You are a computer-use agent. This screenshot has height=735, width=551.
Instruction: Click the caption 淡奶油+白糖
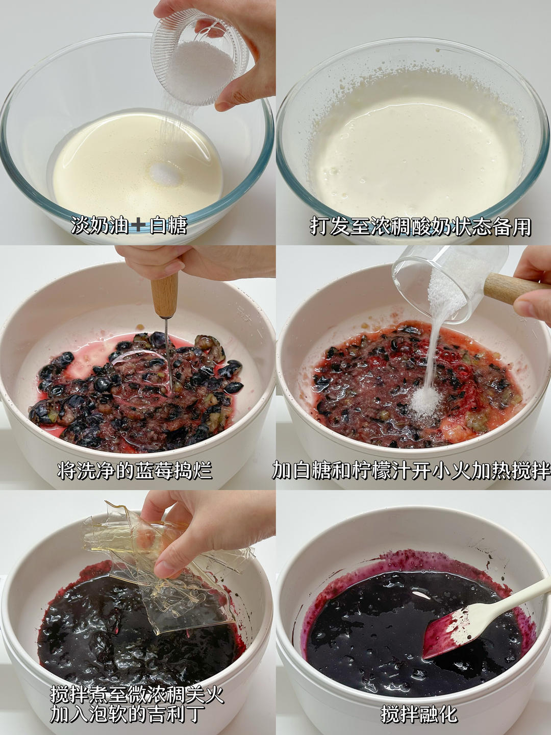point(129,226)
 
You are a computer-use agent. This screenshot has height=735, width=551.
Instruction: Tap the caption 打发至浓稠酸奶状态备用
point(420,227)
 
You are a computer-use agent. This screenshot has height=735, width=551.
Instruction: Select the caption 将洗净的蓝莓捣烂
point(135,471)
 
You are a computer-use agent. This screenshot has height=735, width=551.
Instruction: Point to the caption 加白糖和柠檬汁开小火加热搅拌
point(411,470)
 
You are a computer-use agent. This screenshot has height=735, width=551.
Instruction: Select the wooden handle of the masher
point(165,295)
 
